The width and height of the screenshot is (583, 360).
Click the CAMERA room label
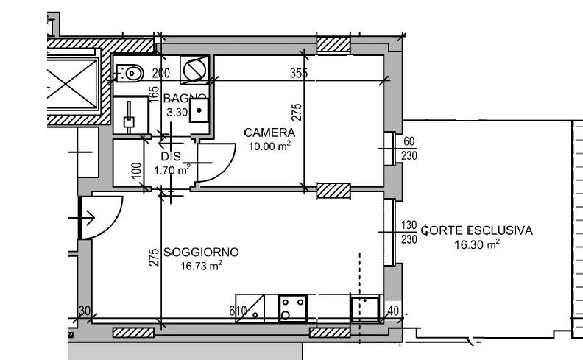[269, 133]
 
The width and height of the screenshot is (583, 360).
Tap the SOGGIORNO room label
[201, 253]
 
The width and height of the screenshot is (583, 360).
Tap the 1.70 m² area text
[172, 170]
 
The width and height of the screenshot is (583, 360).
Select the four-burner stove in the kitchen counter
[294, 307]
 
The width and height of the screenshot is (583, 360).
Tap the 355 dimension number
[298, 73]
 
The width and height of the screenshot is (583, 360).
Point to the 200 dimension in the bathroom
[160, 73]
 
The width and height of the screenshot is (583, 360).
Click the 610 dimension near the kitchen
[237, 311]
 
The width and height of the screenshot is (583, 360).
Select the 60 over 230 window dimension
[410, 149]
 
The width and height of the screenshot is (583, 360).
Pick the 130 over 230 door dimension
[410, 232]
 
